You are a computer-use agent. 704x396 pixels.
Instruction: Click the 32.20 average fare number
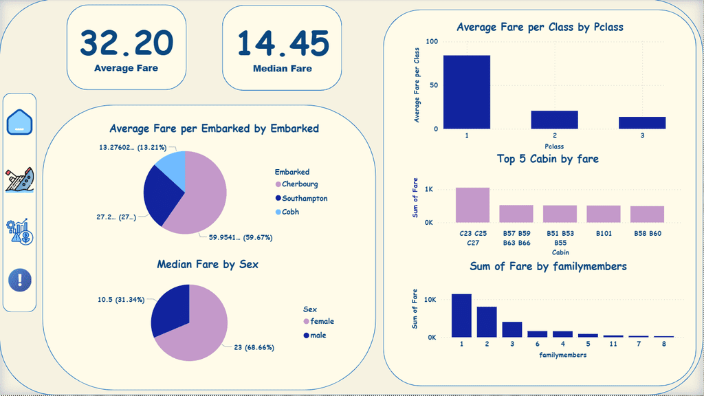pyautogui.click(x=126, y=43)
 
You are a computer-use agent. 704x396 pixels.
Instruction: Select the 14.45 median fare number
pyautogui.click(x=283, y=43)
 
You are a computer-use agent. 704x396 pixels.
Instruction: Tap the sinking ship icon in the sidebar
pyautogui.click(x=20, y=180)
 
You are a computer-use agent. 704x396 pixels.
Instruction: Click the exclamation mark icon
pyautogui.click(x=20, y=280)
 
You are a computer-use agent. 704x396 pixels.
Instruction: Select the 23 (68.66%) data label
pyautogui.click(x=254, y=347)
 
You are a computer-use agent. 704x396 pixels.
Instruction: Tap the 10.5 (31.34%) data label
pyautogui.click(x=120, y=300)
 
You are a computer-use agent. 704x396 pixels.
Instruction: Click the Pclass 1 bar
pyautogui.click(x=466, y=92)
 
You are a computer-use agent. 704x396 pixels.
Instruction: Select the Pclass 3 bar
pyautogui.click(x=642, y=122)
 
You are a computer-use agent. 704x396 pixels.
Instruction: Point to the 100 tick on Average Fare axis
pyautogui.click(x=431, y=42)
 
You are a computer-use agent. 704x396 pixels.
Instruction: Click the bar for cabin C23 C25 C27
pyautogui.click(x=473, y=205)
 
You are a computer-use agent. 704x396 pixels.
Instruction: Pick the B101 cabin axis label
pyautogui.click(x=604, y=233)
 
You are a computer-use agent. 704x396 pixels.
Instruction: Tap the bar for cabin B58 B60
pyautogui.click(x=647, y=214)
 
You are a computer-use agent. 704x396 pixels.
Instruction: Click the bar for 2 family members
pyautogui.click(x=487, y=322)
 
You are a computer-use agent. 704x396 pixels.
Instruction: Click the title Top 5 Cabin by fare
pyautogui.click(x=547, y=159)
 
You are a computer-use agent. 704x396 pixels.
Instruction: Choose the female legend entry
pyautogui.click(x=322, y=321)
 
